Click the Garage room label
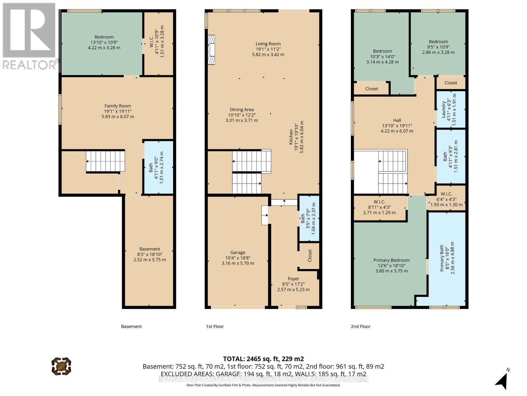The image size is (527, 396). (x=237, y=252)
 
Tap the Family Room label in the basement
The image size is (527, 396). (x=118, y=106)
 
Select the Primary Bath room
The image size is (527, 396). (x=447, y=258)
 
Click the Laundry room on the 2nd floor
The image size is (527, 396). (x=451, y=109)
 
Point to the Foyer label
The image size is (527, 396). (x=293, y=279)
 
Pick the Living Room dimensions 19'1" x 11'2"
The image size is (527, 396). (x=268, y=49)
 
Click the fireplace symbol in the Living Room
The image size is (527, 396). (x=211, y=50)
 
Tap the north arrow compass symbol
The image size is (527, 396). (x=502, y=379)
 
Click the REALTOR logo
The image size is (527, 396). (x=30, y=36)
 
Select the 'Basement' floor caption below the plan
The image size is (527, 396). (x=131, y=326)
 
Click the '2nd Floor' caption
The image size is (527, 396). (x=360, y=326)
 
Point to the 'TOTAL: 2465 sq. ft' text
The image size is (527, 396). (x=263, y=359)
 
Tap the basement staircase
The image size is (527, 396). (x=105, y=161)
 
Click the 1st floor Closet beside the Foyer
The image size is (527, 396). (x=309, y=256)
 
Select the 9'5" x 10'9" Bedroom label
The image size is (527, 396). (x=438, y=47)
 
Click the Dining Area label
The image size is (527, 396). (x=241, y=110)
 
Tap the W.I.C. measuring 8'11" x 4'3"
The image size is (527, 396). (x=379, y=207)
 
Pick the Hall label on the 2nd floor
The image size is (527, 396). (x=397, y=120)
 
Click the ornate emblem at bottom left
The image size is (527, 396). (x=61, y=366)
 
